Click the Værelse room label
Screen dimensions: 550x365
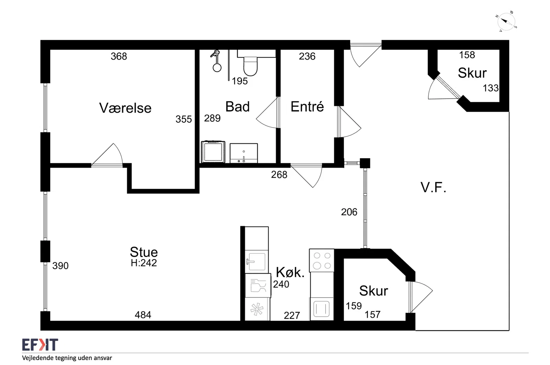pyautogui.click(x=125, y=108)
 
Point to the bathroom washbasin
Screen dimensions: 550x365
pyautogui.click(x=244, y=153)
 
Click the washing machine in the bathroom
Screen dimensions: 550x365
pyautogui.click(x=213, y=152)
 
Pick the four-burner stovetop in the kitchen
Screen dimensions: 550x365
pyautogui.click(x=322, y=261)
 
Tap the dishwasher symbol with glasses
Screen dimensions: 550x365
pyautogui.click(x=258, y=286)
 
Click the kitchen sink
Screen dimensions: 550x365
pyautogui.click(x=256, y=262)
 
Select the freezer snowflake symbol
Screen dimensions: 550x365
pyautogui.click(x=257, y=309)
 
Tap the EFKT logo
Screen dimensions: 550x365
pyautogui.click(x=40, y=345)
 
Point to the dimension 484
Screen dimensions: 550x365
pyautogui.click(x=143, y=315)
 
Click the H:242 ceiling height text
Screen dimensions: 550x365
pyautogui.click(x=144, y=263)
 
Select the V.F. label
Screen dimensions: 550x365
pyautogui.click(x=433, y=188)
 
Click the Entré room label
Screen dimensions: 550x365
pyautogui.click(x=307, y=107)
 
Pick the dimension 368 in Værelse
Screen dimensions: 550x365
pyautogui.click(x=119, y=56)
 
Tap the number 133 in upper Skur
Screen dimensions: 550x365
pyautogui.click(x=491, y=88)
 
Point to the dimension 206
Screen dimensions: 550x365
pyautogui.click(x=349, y=212)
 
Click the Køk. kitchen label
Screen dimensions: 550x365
pyautogui.click(x=290, y=272)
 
